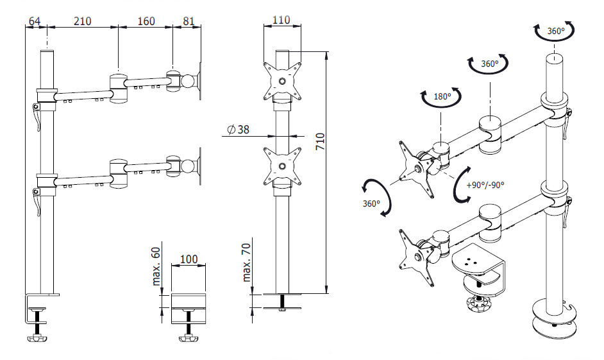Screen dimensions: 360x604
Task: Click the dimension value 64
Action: pyautogui.click(x=35, y=21)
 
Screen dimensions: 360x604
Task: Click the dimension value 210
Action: pyautogui.click(x=82, y=21)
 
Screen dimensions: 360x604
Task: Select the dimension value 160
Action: pyautogui.click(x=146, y=21)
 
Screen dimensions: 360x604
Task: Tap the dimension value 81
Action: pyautogui.click(x=189, y=21)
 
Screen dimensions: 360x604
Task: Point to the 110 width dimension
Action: pyautogui.click(x=281, y=20)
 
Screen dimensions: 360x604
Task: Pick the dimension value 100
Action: pyautogui.click(x=189, y=259)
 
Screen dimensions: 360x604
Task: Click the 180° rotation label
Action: pyautogui.click(x=442, y=97)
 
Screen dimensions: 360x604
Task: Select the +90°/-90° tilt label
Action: pyautogui.click(x=485, y=185)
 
